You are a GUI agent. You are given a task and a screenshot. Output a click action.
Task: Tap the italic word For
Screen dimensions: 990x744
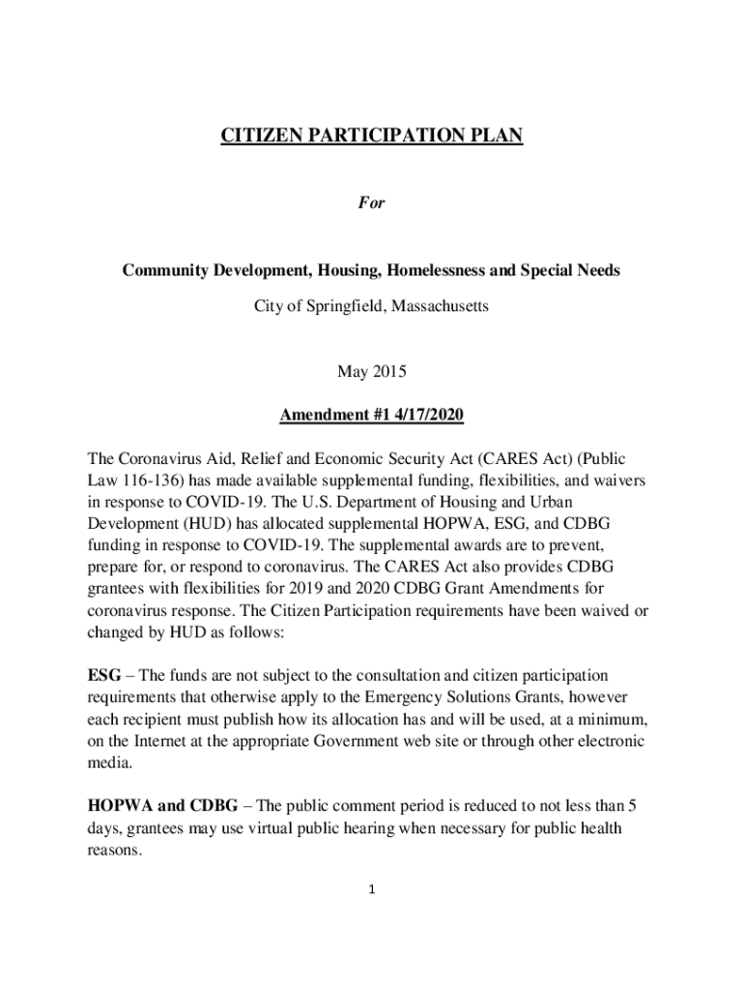pos(372,204)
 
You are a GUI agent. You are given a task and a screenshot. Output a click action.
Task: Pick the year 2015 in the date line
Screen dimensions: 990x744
pos(389,370)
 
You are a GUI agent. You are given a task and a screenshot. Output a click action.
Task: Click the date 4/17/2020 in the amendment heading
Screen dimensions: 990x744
pos(427,416)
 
